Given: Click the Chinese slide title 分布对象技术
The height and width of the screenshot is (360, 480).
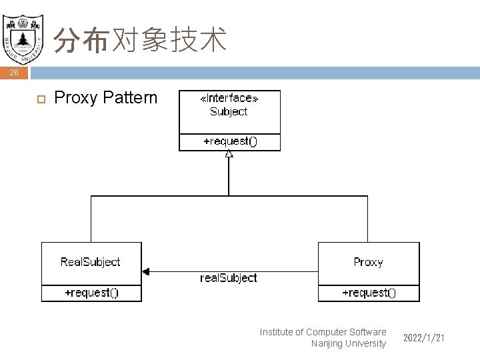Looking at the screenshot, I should tap(140, 40).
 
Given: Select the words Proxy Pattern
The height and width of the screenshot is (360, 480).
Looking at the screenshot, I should tap(105, 98).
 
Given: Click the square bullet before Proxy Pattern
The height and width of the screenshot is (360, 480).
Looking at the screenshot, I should tap(39, 99).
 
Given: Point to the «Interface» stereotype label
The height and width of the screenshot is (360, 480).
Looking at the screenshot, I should tap(229, 99).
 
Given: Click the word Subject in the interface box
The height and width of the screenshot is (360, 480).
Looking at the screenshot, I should tap(229, 111).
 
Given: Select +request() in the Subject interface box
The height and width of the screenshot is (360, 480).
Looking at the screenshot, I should tap(229, 141).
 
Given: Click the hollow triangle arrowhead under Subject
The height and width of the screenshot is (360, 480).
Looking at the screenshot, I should tap(229, 154).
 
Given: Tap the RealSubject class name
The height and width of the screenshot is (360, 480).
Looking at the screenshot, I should tap(91, 262).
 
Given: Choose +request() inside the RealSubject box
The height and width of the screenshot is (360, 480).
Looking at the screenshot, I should tap(91, 293).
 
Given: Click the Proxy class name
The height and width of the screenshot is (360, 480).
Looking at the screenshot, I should tap(368, 262).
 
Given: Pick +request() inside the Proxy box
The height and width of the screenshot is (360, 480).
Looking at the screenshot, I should tap(369, 293).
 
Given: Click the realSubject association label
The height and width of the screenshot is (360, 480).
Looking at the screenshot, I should tap(229, 277).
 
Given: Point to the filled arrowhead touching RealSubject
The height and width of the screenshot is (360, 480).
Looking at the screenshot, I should tap(146, 271).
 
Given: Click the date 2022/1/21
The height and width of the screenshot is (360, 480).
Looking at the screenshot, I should tap(424, 339).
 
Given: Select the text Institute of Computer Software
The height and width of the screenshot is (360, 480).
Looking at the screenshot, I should tap(323, 332).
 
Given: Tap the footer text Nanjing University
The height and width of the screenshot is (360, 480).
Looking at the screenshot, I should tap(348, 343).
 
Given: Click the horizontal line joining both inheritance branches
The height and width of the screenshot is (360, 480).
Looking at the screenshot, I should tap(229, 196).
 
